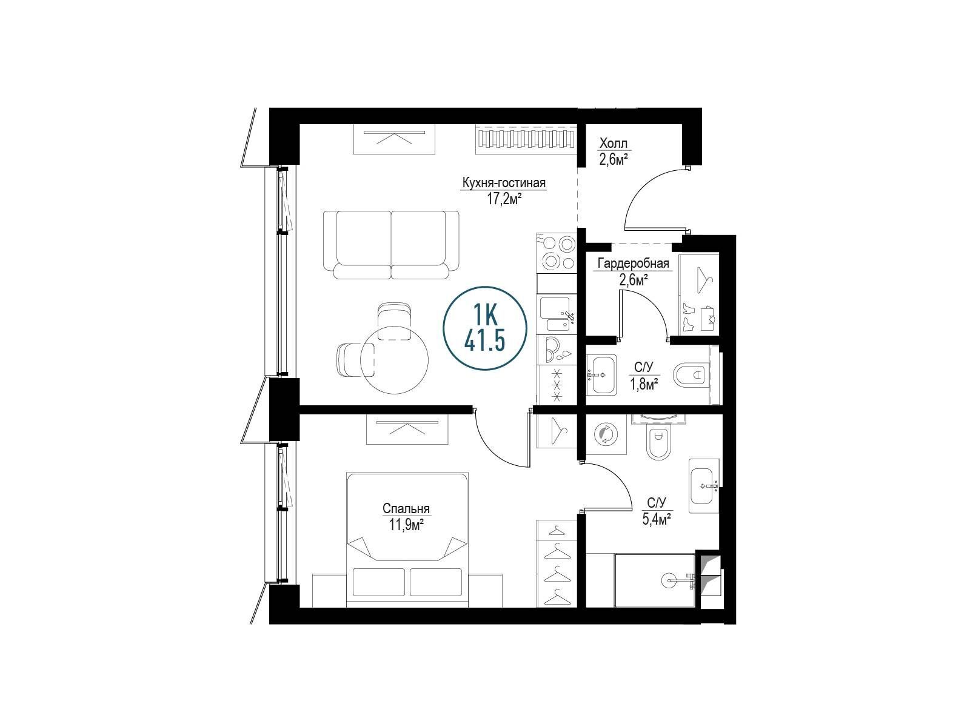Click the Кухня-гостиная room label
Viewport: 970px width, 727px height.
504,183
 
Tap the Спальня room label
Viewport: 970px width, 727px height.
406,509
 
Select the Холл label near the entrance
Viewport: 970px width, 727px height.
613,144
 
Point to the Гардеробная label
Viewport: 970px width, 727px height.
634,264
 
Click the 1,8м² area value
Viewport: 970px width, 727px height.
644,385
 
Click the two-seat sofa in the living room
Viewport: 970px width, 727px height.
390,245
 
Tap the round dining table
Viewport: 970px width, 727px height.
394,360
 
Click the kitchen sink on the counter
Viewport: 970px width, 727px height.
557,314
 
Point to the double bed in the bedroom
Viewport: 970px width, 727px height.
407,540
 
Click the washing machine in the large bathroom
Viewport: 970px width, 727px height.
606,434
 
